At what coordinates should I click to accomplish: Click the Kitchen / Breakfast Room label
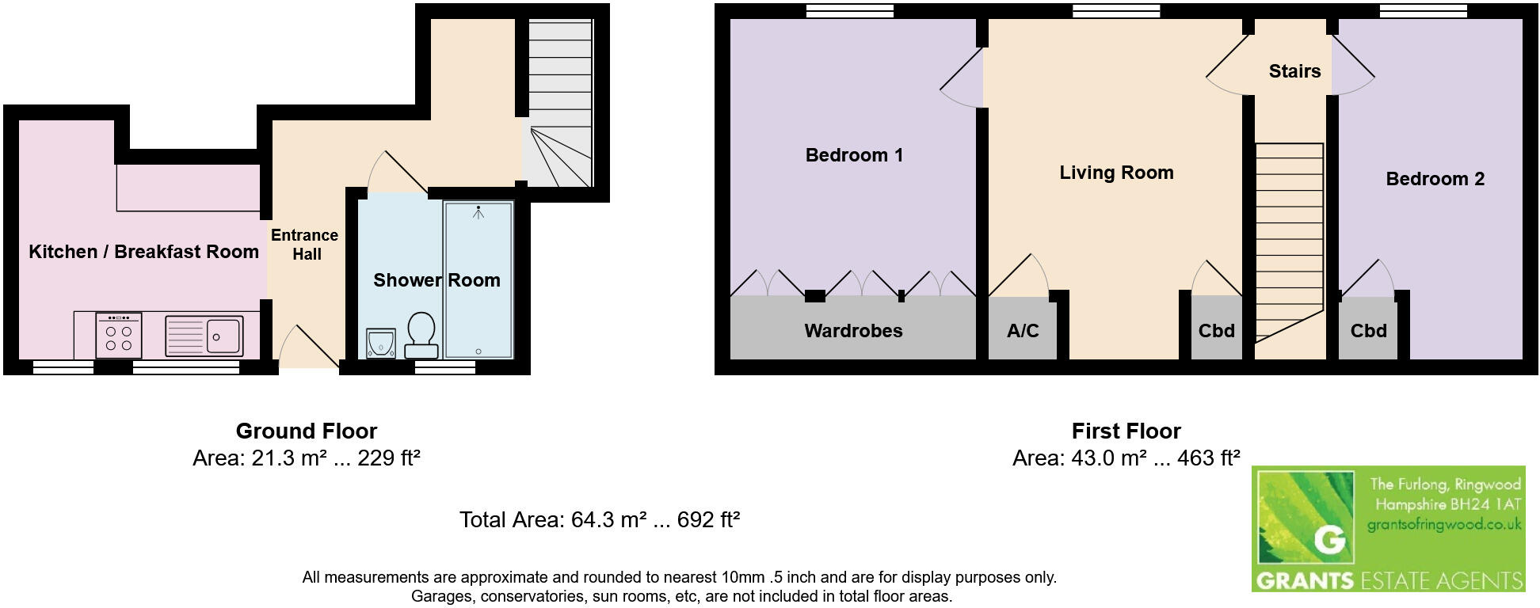click(x=143, y=252)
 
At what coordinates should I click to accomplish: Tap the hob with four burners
click(x=119, y=337)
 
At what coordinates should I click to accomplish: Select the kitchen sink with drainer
click(x=204, y=336)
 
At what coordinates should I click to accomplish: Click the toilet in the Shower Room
click(x=421, y=335)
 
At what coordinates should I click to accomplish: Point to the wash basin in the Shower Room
click(x=381, y=343)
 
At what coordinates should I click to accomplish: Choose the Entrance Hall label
click(x=305, y=245)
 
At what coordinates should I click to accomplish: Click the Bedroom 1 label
click(x=854, y=155)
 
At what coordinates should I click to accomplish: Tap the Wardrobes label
click(x=853, y=331)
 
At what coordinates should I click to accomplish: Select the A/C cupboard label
click(x=1023, y=331)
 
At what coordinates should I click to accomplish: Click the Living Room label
click(x=1116, y=173)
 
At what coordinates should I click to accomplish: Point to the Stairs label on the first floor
click(x=1294, y=71)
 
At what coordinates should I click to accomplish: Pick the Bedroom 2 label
click(x=1435, y=179)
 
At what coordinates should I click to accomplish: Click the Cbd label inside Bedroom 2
click(x=1368, y=331)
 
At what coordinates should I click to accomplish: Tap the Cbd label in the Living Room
click(x=1216, y=331)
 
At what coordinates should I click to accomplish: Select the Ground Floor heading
click(x=307, y=431)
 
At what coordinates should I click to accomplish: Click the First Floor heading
click(x=1126, y=431)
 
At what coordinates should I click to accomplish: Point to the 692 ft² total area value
click(x=708, y=520)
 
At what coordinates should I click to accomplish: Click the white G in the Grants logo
click(x=1329, y=540)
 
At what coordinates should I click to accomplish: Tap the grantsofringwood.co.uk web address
click(x=1444, y=524)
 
